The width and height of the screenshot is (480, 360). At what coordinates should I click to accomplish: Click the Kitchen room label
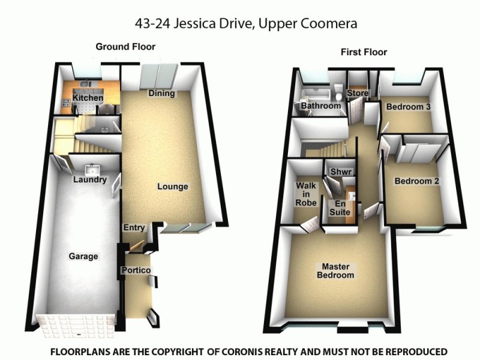[88, 98]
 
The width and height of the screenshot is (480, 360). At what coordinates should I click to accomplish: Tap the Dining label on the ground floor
[161, 93]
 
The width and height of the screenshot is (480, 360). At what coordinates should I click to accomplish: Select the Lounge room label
[173, 187]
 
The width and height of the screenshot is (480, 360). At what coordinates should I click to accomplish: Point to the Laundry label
[89, 179]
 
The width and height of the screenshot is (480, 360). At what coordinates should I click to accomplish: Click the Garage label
[83, 256]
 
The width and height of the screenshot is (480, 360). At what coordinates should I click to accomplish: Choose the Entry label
[134, 227]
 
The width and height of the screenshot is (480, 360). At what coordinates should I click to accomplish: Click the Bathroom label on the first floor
[321, 106]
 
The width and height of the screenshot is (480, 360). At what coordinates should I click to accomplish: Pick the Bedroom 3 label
[408, 107]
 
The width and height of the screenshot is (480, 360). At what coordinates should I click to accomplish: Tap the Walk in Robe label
[305, 194]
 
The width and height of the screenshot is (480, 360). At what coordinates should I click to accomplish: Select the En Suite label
[340, 208]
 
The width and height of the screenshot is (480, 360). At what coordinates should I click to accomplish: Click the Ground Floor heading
[125, 46]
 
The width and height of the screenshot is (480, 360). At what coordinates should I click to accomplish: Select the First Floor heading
[364, 52]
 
